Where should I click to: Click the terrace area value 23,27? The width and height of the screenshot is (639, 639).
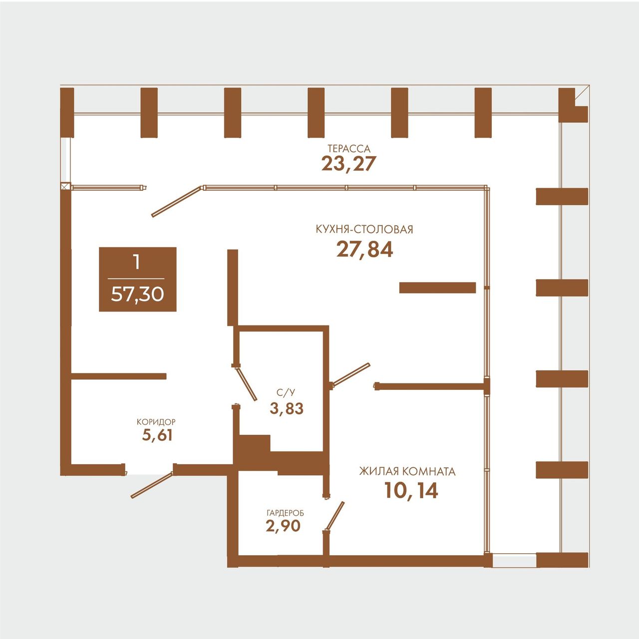pyautogui.click(x=349, y=163)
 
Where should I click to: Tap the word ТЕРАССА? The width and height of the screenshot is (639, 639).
pyautogui.click(x=349, y=148)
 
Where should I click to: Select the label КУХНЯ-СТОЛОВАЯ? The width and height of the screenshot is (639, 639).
pyautogui.click(x=364, y=230)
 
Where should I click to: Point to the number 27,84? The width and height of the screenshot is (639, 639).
pyautogui.click(x=365, y=250)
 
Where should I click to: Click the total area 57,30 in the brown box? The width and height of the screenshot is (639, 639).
pyautogui.click(x=137, y=294)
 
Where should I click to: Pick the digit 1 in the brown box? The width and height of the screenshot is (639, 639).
pyautogui.click(x=136, y=262)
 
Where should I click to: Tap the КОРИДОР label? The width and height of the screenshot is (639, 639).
pyautogui.click(x=156, y=422)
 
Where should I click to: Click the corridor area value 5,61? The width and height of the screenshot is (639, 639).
pyautogui.click(x=157, y=435)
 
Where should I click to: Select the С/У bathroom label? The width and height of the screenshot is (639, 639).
pyautogui.click(x=286, y=393)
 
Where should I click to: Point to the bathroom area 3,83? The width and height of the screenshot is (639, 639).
pyautogui.click(x=287, y=408)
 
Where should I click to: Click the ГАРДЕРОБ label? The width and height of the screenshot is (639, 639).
pyautogui.click(x=285, y=513)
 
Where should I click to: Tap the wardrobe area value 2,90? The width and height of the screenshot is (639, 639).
pyautogui.click(x=283, y=526)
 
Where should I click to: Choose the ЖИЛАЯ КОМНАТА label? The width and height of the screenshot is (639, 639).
pyautogui.click(x=407, y=471)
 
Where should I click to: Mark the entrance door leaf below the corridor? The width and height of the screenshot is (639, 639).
pyautogui.click(x=152, y=485)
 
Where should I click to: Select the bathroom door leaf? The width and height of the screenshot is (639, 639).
pyautogui.click(x=246, y=384)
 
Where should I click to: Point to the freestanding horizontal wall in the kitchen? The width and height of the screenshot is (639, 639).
pyautogui.click(x=437, y=288)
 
